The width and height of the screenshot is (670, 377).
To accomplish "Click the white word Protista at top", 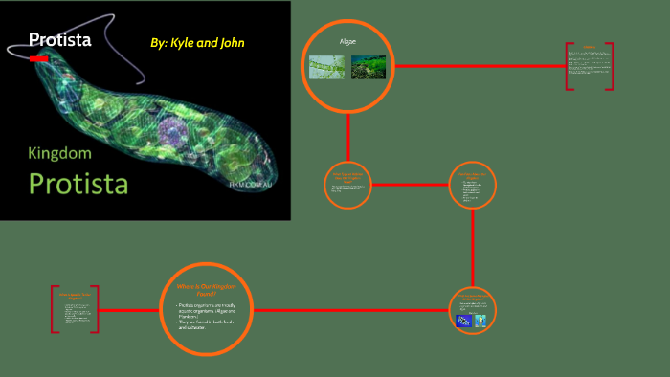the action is tap(59, 39).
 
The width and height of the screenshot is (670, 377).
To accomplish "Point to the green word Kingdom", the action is tap(60, 153).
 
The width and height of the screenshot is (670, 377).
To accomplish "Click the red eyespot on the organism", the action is tap(39, 59).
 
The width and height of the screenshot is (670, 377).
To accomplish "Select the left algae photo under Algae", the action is tap(326, 67).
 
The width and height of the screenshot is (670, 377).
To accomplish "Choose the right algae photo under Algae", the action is tap(368, 67).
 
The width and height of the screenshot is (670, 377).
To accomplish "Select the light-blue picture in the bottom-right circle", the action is tap(480, 321).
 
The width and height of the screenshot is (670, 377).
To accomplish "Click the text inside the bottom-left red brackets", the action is tap(75, 311).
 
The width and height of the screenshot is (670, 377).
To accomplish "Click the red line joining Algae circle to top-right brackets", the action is tap(479, 66).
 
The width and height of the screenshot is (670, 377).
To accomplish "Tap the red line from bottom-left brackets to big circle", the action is tap(129, 310).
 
